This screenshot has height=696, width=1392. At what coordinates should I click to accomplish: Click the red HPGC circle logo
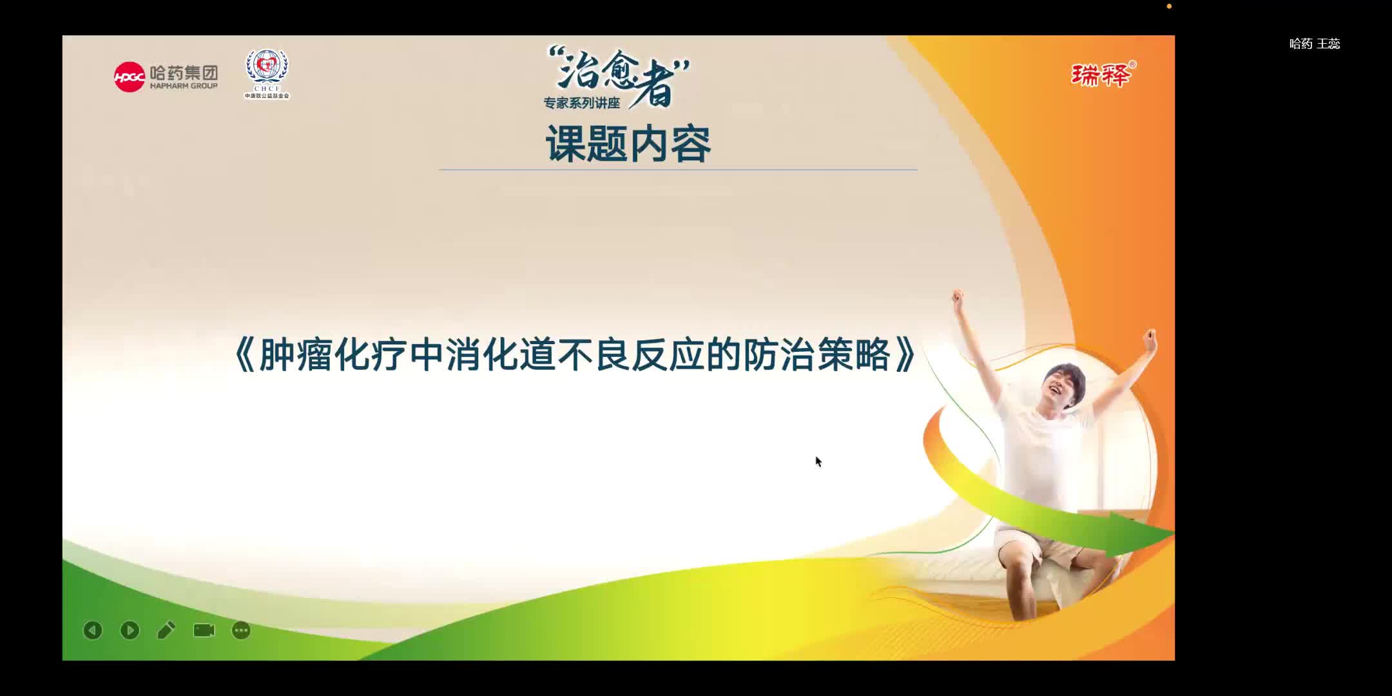(x=129, y=77)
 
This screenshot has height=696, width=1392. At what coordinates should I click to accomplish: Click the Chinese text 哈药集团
(x=184, y=72)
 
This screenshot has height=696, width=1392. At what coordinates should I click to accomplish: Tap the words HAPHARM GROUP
(x=184, y=86)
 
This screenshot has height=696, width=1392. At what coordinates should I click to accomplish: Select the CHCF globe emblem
(x=267, y=68)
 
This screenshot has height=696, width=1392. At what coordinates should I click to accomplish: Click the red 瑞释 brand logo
(x=1101, y=75)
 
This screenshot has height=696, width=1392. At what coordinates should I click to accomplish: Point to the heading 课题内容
(x=628, y=144)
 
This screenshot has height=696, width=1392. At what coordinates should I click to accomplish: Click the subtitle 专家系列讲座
(x=581, y=103)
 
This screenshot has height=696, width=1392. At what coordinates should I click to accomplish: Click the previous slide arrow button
(x=93, y=630)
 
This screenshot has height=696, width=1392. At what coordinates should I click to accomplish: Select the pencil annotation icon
(x=166, y=630)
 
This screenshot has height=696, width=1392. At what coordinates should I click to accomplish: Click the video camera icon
(x=204, y=630)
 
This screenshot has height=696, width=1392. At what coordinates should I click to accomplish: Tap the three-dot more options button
(x=241, y=630)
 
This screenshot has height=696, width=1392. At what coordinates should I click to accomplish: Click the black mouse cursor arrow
(x=818, y=461)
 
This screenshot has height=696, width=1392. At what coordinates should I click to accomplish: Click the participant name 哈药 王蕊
(x=1315, y=44)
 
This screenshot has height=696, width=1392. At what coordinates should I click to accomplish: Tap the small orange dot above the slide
(x=1169, y=6)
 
